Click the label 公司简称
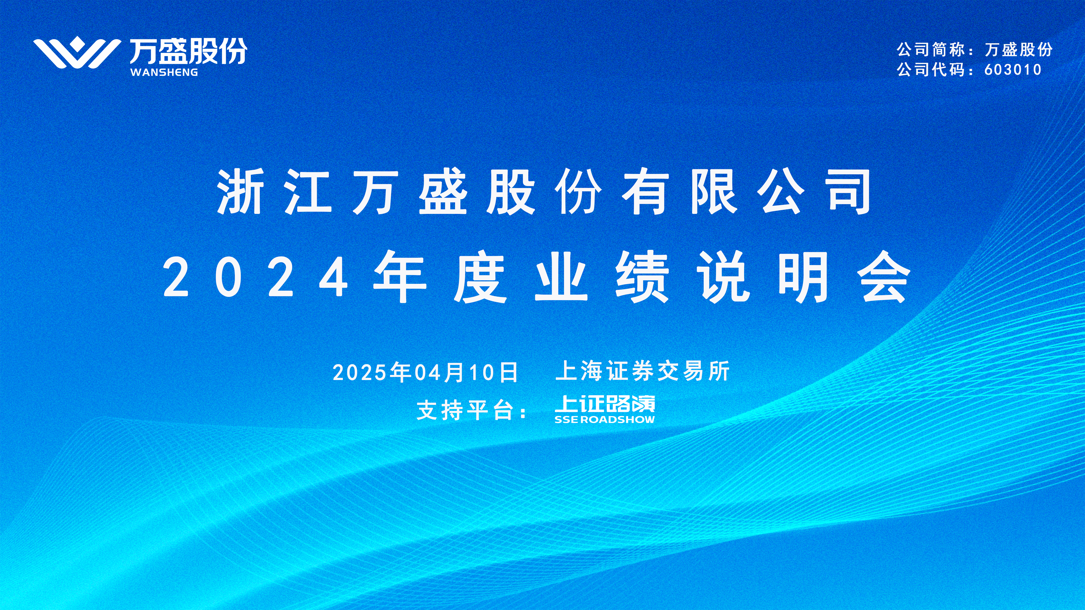930,50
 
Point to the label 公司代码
930,69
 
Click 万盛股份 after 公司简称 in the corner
1018,50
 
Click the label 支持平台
472,410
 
